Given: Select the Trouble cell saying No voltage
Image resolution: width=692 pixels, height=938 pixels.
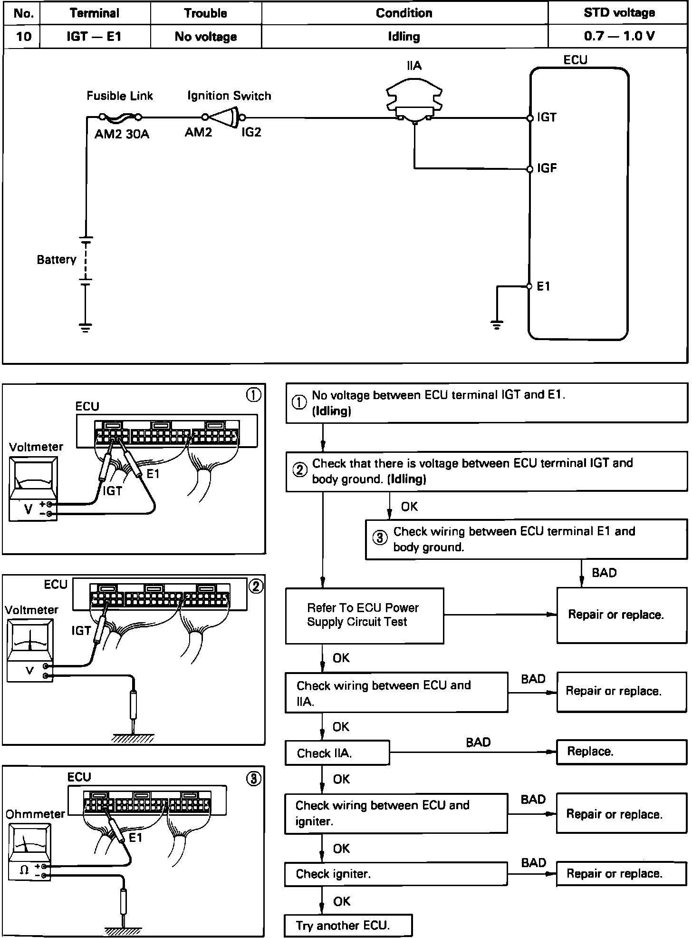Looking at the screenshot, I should click(205, 36).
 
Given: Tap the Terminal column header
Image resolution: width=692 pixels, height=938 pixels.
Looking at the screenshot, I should click(95, 13).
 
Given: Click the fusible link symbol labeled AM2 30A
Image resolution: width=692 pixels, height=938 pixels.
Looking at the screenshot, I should click(120, 117).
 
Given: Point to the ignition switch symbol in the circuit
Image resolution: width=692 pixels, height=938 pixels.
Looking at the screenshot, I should click(224, 117).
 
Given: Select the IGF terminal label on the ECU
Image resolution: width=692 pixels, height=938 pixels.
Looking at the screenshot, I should click(547, 168).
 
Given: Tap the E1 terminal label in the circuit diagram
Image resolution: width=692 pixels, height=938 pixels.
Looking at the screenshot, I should click(543, 286).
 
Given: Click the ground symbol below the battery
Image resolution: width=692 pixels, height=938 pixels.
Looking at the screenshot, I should click(86, 328).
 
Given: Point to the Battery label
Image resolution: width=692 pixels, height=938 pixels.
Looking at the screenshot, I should click(57, 259).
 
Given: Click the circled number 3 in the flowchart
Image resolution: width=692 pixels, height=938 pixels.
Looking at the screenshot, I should click(379, 538).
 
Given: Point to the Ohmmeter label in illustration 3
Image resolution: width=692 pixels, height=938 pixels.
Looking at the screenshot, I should click(35, 814).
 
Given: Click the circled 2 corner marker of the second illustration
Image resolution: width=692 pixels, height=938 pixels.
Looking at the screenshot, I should click(255, 586).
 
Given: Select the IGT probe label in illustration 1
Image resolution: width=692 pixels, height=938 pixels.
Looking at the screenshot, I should click(113, 490).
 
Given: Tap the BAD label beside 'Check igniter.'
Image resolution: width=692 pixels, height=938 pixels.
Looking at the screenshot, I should click(533, 863).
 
